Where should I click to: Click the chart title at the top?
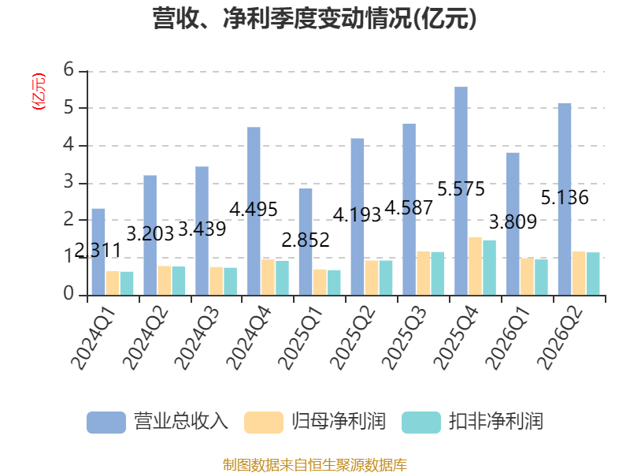click(314, 19)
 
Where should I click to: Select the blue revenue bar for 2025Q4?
click(461, 191)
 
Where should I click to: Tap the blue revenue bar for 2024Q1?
click(98, 251)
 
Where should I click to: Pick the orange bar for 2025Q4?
click(476, 266)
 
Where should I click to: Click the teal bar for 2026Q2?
click(593, 274)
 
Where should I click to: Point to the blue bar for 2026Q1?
click(513, 224)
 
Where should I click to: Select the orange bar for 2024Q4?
click(268, 277)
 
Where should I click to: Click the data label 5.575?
click(461, 189)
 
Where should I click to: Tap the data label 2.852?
click(306, 240)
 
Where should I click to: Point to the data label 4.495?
click(254, 210)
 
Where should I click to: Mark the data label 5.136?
click(565, 198)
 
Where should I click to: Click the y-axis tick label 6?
click(69, 70)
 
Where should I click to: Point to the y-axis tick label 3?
click(69, 182)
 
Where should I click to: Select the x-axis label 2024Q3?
click(198, 338)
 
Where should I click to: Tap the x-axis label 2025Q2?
click(354, 338)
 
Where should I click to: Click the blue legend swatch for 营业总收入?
click(106, 423)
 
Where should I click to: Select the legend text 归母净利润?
click(339, 422)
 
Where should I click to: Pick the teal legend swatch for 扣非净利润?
click(421, 423)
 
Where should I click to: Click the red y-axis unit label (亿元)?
click(39, 91)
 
